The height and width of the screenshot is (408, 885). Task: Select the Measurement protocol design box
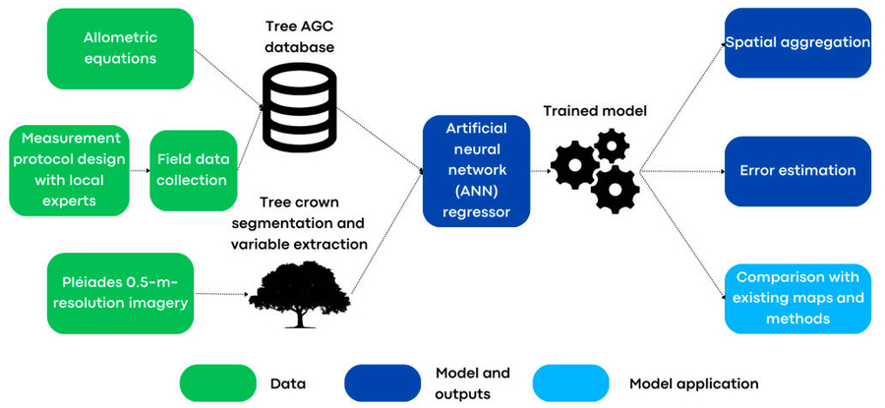pyautogui.click(x=69, y=169)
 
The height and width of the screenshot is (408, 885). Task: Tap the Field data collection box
pyautogui.click(x=194, y=168)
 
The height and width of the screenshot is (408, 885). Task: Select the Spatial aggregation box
pyautogui.click(x=797, y=43)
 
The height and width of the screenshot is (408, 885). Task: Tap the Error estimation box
pyautogui.click(x=797, y=171)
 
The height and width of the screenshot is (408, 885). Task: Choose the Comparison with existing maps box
pyautogui.click(x=797, y=298)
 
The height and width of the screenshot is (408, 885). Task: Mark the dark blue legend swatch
pyautogui.click(x=383, y=383)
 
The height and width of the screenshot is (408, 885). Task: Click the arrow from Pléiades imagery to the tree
pyautogui.click(x=217, y=293)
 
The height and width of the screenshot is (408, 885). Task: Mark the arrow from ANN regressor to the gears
pyautogui.click(x=541, y=170)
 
